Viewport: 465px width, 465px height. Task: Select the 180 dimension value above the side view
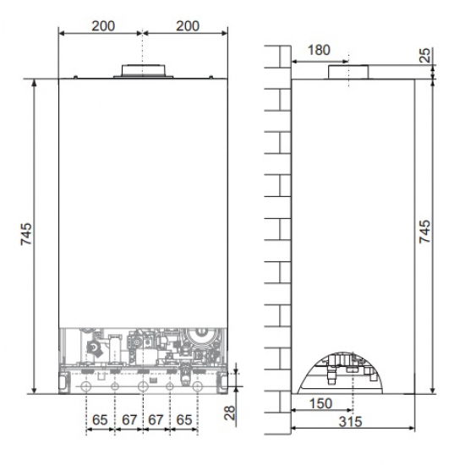pos(319,50)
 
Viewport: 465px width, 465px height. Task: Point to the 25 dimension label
pos(425,57)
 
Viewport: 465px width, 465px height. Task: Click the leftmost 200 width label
pos(101,26)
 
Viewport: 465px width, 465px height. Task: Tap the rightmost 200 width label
pos(187,26)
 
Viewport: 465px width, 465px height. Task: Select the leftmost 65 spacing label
pos(100,419)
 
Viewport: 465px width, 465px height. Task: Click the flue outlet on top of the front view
pos(143,70)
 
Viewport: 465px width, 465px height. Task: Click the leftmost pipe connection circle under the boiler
pos(86,386)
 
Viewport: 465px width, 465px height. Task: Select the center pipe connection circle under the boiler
pos(142,386)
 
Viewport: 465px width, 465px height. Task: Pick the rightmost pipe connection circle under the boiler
pos(198,386)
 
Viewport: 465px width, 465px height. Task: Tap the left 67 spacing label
pos(128,419)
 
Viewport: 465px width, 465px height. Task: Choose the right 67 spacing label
pos(156,419)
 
